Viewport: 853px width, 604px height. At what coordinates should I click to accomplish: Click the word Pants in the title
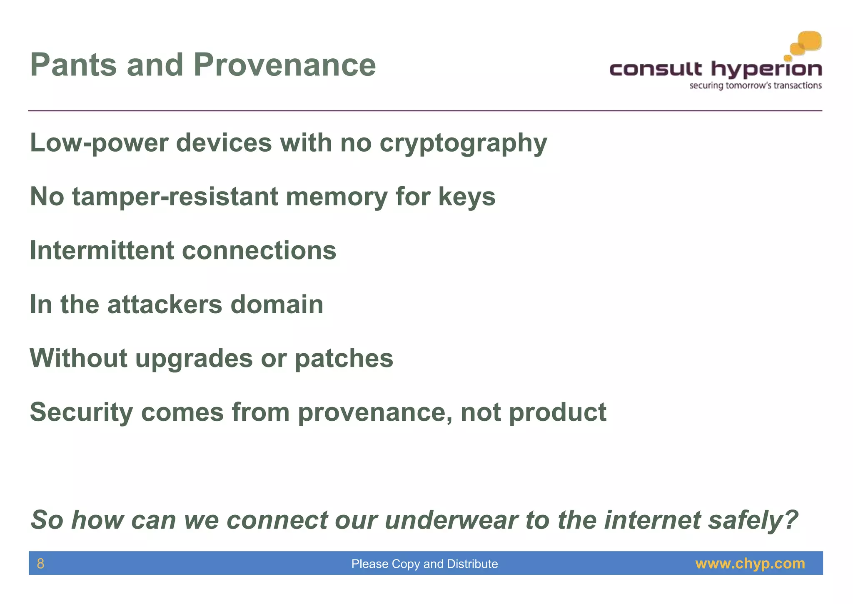[74, 65]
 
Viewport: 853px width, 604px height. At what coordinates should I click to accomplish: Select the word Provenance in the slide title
[284, 65]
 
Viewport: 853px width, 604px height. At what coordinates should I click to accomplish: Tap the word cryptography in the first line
[463, 144]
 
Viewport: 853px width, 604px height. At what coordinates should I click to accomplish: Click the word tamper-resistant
[175, 197]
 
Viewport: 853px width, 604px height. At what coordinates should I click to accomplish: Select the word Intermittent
[102, 250]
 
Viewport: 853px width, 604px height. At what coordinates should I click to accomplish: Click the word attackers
[165, 304]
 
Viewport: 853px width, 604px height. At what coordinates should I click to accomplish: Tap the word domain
[277, 304]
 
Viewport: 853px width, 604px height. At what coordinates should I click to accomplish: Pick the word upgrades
[194, 359]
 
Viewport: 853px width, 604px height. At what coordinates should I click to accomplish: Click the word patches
[344, 358]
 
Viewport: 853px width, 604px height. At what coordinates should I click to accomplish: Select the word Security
[81, 412]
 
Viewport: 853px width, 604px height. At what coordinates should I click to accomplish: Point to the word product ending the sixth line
[557, 412]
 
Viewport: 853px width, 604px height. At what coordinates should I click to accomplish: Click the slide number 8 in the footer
[40, 564]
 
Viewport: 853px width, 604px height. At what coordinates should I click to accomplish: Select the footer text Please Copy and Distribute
[424, 564]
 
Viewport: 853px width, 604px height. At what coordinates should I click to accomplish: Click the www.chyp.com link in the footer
[750, 564]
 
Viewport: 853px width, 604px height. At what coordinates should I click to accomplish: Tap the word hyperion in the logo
[766, 69]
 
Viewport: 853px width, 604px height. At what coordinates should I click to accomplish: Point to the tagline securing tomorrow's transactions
[756, 86]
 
